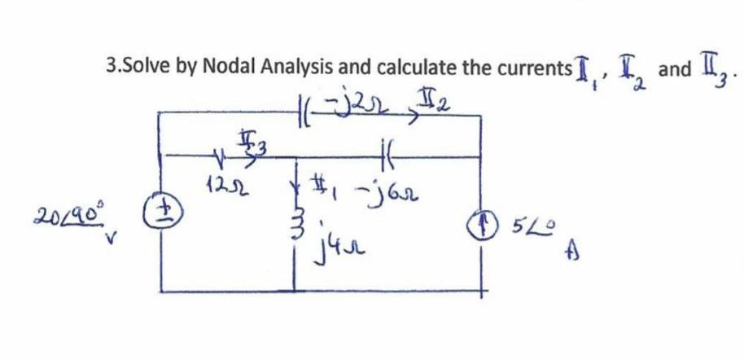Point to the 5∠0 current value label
tap(529, 226)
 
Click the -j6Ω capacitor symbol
tap(384, 153)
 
